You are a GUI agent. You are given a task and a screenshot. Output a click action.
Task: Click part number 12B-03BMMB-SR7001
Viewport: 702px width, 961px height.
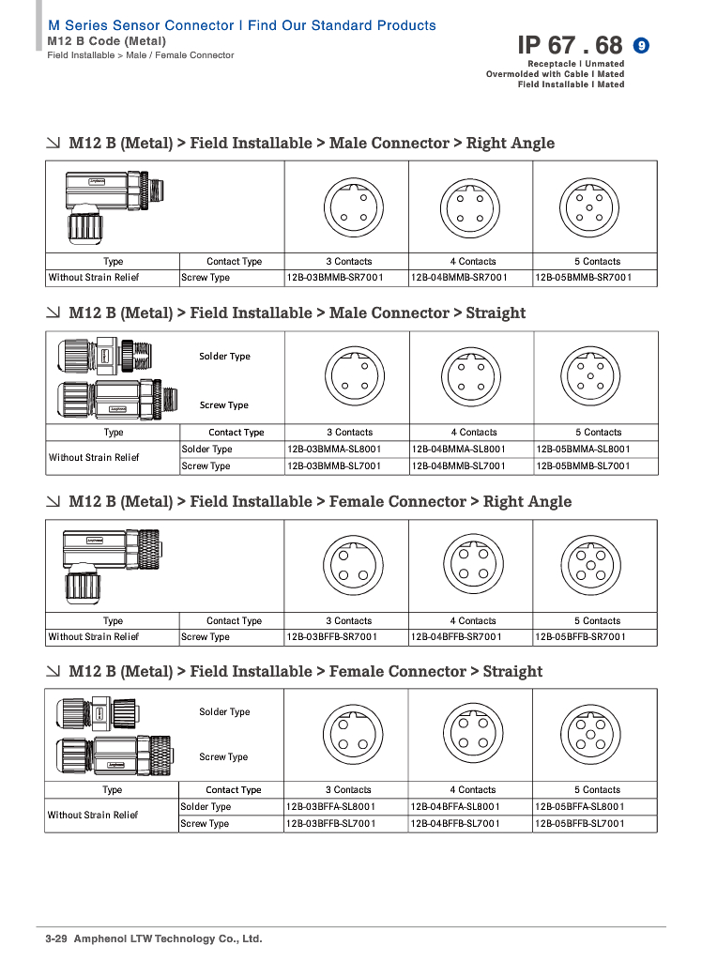coord(334,278)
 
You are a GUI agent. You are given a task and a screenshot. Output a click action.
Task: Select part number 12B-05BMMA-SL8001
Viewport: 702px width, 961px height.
coord(583,450)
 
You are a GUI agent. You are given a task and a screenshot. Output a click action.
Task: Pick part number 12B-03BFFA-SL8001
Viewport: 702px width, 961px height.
coord(334,807)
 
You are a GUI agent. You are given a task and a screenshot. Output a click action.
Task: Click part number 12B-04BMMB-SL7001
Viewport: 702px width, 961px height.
coord(458,466)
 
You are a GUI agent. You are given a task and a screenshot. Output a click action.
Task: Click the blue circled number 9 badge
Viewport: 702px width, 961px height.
coord(642,45)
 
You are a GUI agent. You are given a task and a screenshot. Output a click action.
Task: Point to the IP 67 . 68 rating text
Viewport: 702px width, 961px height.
coord(570,45)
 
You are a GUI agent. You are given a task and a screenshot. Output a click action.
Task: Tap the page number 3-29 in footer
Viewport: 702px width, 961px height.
coord(58,938)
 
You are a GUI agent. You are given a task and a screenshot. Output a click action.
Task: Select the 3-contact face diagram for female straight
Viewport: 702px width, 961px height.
coord(353,735)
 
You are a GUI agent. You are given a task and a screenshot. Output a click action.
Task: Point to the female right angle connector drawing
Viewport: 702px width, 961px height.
coord(106,564)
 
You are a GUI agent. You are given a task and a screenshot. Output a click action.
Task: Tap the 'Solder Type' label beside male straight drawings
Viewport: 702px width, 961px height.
coord(224,357)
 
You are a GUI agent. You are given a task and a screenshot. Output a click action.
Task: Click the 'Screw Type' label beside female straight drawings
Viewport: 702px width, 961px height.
coord(223,757)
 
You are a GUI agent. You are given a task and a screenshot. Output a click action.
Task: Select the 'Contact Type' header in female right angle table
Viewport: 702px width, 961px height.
coord(234,621)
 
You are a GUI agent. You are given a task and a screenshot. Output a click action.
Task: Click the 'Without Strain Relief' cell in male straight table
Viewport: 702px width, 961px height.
coord(94,458)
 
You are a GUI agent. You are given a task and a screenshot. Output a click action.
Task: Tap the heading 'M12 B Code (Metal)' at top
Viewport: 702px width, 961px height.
coord(106,41)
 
